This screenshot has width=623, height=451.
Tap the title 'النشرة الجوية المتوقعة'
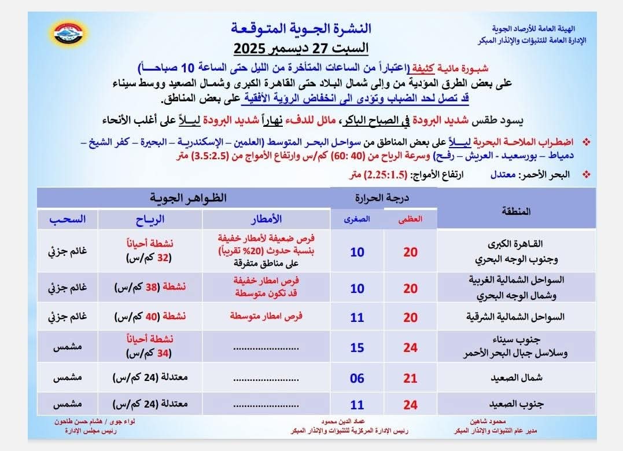[x=301, y=28]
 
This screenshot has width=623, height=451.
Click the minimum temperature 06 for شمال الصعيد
[x=357, y=379]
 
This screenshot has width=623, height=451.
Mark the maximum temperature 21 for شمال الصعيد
[x=410, y=379]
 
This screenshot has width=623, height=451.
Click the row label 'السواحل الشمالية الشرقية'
[x=514, y=317]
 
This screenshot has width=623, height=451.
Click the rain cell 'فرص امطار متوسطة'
[x=266, y=317]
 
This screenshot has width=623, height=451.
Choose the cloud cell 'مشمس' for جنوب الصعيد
[x=67, y=404]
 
